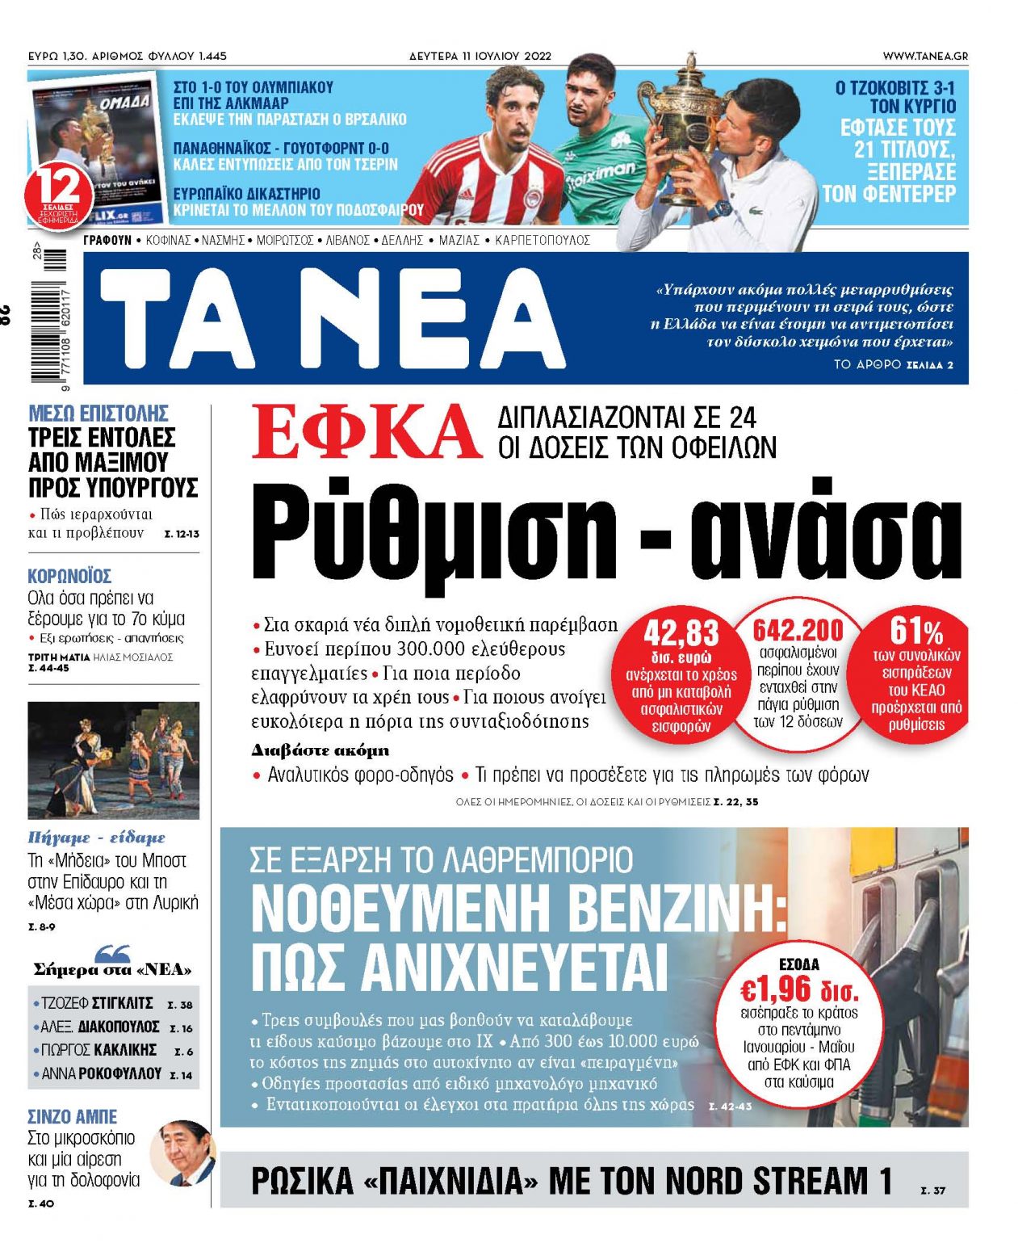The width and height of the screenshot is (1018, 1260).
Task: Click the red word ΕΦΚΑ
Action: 366,431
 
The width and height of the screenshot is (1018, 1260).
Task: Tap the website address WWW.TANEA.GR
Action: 925,56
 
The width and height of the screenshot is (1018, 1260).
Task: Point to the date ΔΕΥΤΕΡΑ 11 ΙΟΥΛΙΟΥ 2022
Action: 480,56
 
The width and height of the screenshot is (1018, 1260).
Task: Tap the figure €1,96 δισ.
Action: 798,989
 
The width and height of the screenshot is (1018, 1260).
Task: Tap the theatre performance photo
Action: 113,760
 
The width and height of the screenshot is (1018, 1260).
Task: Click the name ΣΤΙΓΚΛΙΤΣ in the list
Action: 122,1003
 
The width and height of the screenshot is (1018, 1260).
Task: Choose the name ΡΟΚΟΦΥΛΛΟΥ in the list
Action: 121,1073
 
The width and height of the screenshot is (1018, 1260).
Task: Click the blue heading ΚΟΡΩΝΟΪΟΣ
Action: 69,576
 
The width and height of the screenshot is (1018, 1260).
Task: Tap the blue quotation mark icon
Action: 113,953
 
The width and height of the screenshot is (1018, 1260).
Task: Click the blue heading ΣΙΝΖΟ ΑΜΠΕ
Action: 72,1116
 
